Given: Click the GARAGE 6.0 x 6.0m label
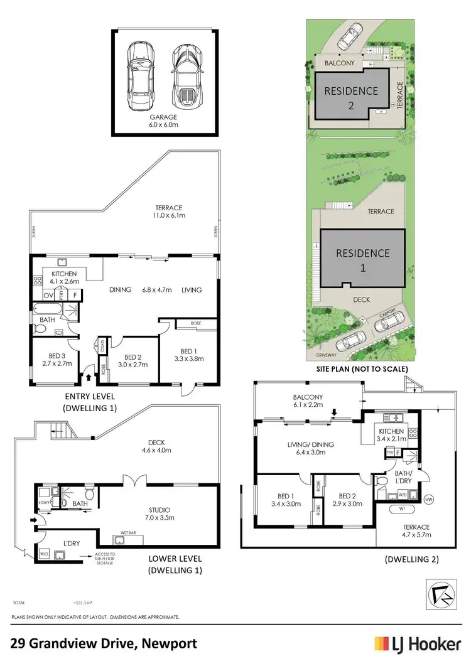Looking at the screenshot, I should click(x=163, y=121).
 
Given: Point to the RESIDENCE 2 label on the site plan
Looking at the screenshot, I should click(x=351, y=98).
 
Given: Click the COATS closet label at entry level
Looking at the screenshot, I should click(x=101, y=346).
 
